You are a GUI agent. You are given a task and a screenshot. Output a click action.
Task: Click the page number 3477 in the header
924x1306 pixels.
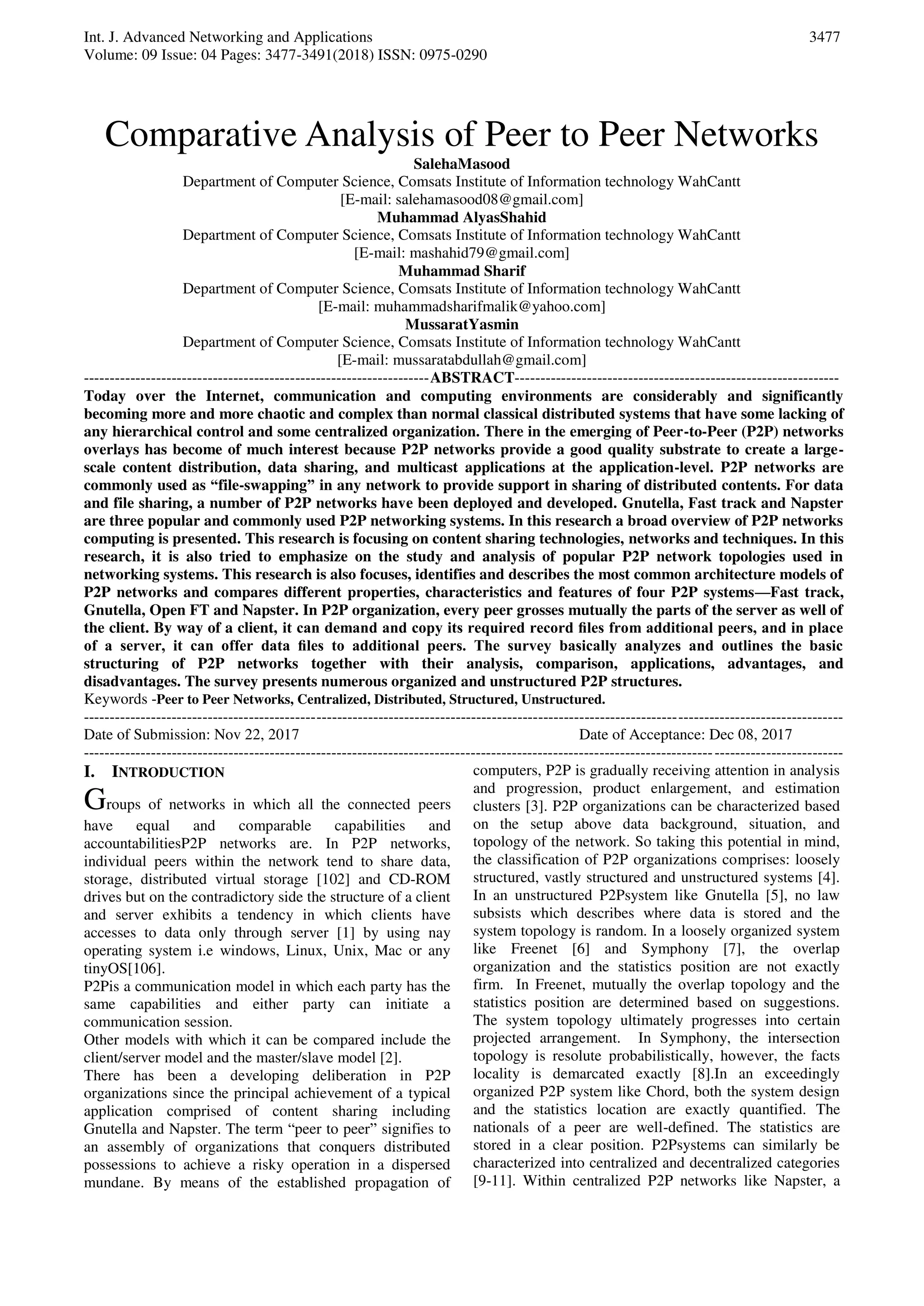[x=824, y=37]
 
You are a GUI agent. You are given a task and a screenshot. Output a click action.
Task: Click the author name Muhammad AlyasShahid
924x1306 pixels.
[x=462, y=217]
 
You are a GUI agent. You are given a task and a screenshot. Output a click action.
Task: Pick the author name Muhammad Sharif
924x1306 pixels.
[x=462, y=271]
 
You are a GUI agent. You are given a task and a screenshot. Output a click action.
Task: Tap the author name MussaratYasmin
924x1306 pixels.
[x=462, y=324]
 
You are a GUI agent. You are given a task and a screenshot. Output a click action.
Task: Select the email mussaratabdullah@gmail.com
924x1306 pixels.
[x=487, y=360]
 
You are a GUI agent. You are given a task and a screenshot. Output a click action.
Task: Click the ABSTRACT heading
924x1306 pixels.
[x=472, y=378]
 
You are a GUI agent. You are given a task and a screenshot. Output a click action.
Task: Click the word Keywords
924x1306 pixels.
[x=115, y=699]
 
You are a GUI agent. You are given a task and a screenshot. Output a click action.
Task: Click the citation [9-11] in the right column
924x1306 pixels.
[x=494, y=1181]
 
